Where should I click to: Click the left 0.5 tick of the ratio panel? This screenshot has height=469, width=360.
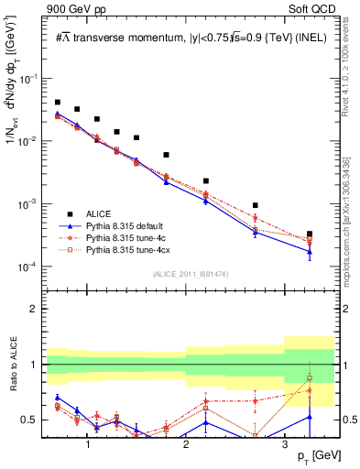[35, 420]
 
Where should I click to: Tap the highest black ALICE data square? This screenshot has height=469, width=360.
[58, 103]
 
